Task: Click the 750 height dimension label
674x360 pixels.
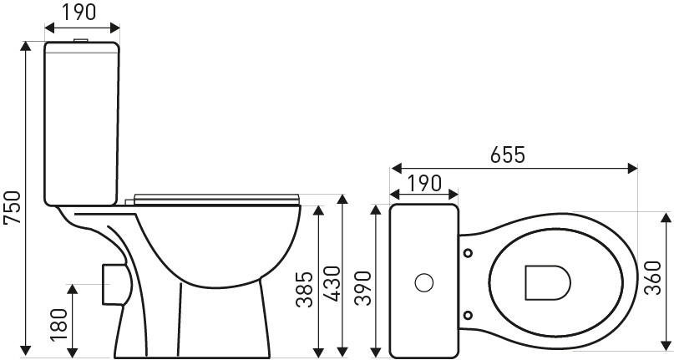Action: tap(12, 207)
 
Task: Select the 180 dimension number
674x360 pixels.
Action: tap(59, 325)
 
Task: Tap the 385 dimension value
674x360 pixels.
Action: tap(305, 289)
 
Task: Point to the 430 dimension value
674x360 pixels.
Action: tap(332, 283)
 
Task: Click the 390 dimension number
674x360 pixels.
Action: tap(362, 287)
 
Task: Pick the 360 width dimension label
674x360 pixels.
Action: tap(652, 277)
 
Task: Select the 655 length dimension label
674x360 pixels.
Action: tap(508, 155)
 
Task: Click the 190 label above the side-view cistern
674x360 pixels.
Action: tap(79, 12)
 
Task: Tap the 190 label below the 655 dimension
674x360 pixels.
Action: tap(424, 183)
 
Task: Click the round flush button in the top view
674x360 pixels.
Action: tap(424, 282)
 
